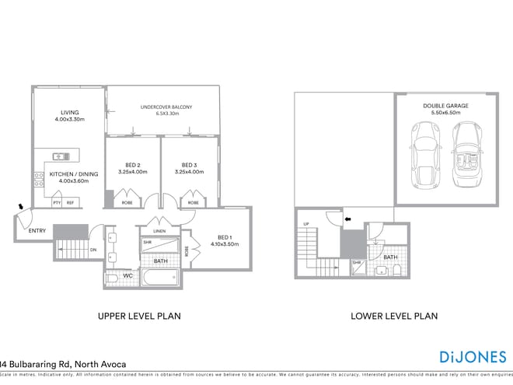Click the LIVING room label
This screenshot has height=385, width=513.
coord(67,113)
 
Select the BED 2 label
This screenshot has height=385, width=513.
coord(133,165)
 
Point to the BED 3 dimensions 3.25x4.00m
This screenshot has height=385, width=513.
coord(189,172)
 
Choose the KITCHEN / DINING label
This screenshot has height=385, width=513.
coord(67,174)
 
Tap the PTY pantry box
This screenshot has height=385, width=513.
coord(57,203)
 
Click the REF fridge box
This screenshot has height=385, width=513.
coord(70,203)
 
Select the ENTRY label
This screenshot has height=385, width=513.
coord(37,231)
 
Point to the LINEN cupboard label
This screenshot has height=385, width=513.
coord(159,231)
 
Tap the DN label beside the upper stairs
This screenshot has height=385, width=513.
coord(92,250)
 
